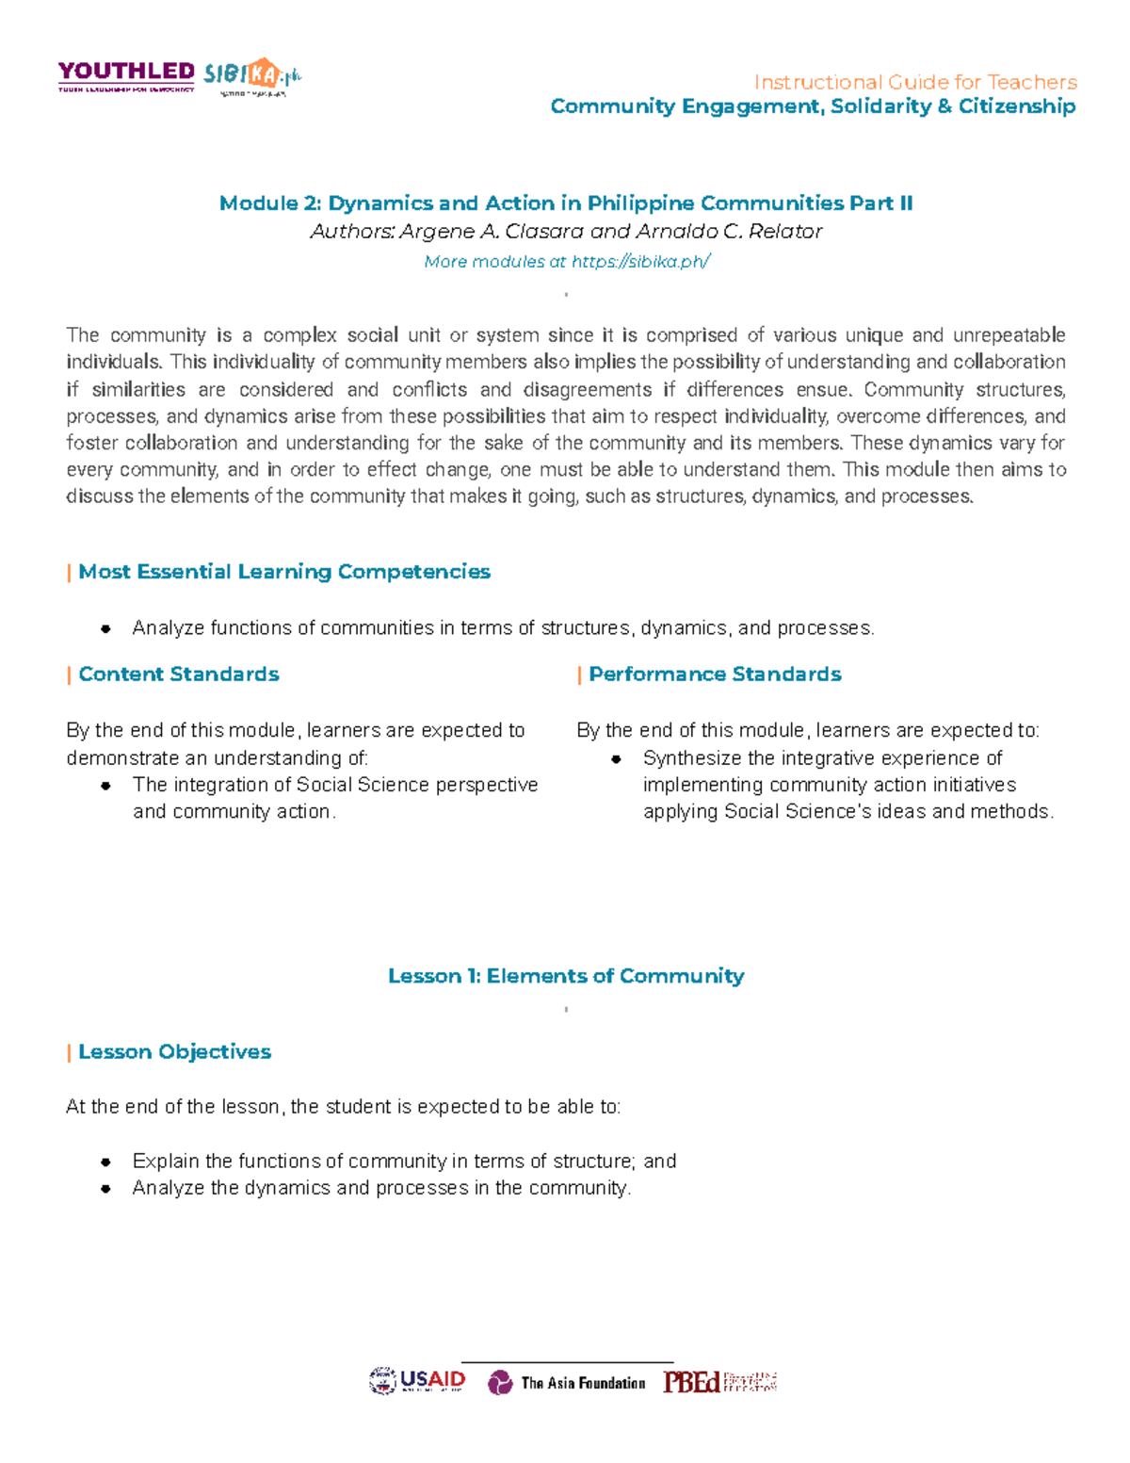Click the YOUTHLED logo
pyautogui.click(x=126, y=75)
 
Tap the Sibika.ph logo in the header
pyautogui.click(x=251, y=75)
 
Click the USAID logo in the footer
pyautogui.click(x=417, y=1381)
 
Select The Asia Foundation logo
pyautogui.click(x=567, y=1382)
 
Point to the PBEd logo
pyautogui.click(x=719, y=1382)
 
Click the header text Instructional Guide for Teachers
pyautogui.click(x=914, y=82)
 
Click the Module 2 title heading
pyautogui.click(x=565, y=203)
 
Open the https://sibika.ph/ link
pyautogui.click(x=640, y=261)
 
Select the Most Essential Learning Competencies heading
pyautogui.click(x=283, y=572)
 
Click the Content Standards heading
pyautogui.click(x=178, y=675)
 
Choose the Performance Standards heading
pyautogui.click(x=714, y=675)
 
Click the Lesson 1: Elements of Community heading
pyautogui.click(x=565, y=976)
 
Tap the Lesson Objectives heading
pyautogui.click(x=174, y=1052)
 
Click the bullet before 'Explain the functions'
pyautogui.click(x=106, y=1162)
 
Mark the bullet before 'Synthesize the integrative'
pyautogui.click(x=617, y=759)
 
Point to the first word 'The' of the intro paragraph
pyautogui.click(x=82, y=335)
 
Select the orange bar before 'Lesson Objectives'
pyautogui.click(x=69, y=1052)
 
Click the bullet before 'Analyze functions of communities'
pyautogui.click(x=106, y=628)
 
